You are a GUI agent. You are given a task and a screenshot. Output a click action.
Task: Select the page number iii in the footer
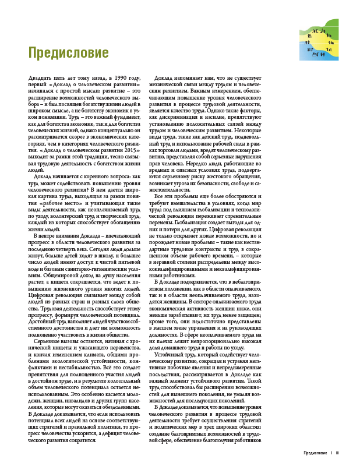tap(337, 451)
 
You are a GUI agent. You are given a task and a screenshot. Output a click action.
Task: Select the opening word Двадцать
tap(41, 78)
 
